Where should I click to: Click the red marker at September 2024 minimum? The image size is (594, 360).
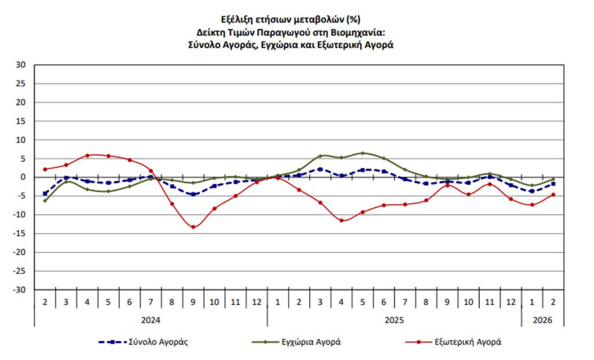pyautogui.click(x=193, y=227)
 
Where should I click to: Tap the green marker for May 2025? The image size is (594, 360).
pyautogui.click(x=363, y=153)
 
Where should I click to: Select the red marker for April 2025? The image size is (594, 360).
pyautogui.click(x=342, y=220)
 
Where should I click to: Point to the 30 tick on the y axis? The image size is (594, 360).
pyautogui.click(x=21, y=65)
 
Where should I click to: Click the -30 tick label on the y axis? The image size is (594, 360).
pyautogui.click(x=20, y=290)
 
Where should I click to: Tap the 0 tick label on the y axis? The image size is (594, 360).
pyautogui.click(x=24, y=177)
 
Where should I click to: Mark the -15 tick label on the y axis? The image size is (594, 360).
pyautogui.click(x=20, y=234)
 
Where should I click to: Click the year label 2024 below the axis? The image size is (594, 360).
pyautogui.click(x=151, y=320)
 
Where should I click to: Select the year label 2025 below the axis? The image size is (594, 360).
pyautogui.click(x=394, y=320)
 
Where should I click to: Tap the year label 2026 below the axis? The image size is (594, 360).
pyautogui.click(x=543, y=320)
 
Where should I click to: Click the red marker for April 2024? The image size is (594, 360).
pyautogui.click(x=87, y=155)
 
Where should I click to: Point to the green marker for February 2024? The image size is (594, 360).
pyautogui.click(x=45, y=201)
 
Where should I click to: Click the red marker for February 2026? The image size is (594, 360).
pyautogui.click(x=553, y=195)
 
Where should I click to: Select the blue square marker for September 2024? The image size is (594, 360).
pyautogui.click(x=193, y=194)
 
